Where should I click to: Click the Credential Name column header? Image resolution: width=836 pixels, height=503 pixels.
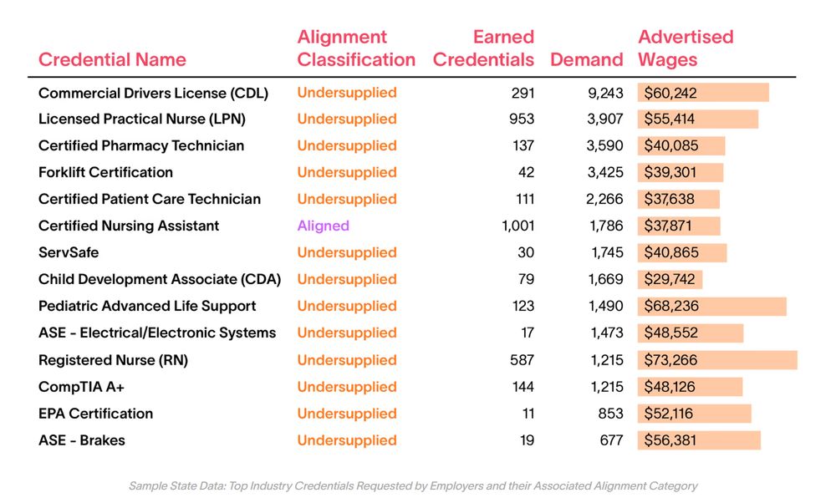pos(112,60)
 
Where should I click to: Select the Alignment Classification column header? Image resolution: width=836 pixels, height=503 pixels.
pos(356,48)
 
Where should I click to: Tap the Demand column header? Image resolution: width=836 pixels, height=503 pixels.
pos(586,60)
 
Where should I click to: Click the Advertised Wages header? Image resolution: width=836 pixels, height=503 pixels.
pos(686,48)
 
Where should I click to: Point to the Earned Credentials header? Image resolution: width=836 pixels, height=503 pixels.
pos(483,48)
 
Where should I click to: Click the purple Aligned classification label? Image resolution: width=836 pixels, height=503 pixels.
pos(323,226)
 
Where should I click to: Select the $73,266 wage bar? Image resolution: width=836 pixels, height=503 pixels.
pos(716,360)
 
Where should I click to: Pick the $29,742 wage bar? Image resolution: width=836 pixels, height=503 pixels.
pos(670,279)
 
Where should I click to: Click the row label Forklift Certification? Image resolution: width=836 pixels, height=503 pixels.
pos(105,172)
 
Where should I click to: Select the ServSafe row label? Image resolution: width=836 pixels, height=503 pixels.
pos(69,252)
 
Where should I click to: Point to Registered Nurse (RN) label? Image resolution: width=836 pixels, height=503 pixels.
pos(113,360)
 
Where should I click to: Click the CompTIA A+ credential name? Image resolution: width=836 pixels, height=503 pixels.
pos(81,387)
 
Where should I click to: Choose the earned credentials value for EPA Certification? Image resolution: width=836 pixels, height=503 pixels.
pos(526,414)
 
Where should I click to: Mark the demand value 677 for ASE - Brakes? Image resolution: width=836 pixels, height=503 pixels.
pos(611,440)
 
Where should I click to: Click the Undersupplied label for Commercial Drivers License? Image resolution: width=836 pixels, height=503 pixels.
pos(347,93)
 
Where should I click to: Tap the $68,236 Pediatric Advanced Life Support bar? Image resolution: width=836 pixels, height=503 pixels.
pos(711,306)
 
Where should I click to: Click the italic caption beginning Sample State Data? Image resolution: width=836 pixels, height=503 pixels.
pos(413,485)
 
